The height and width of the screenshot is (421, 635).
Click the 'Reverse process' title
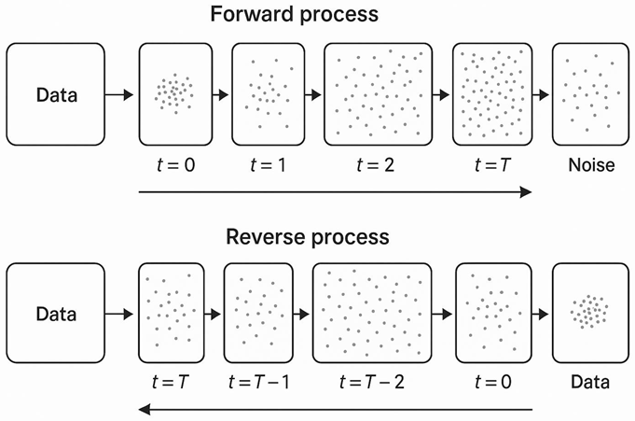[307, 236]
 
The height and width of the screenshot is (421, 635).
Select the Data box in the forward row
[56, 94]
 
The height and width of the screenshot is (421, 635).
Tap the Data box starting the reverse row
[56, 314]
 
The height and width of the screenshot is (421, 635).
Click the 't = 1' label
[269, 166]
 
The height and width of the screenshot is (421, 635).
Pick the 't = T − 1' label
[258, 383]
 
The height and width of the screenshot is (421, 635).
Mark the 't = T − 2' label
[371, 383]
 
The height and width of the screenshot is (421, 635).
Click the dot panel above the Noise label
[589, 94]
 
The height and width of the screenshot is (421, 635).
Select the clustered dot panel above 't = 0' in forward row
[171, 94]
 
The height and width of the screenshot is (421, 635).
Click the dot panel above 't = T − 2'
[372, 314]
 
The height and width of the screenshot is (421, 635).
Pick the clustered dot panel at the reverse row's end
[589, 314]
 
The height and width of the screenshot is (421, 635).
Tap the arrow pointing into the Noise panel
[540, 94]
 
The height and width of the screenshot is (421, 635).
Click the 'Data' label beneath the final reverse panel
[589, 383]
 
